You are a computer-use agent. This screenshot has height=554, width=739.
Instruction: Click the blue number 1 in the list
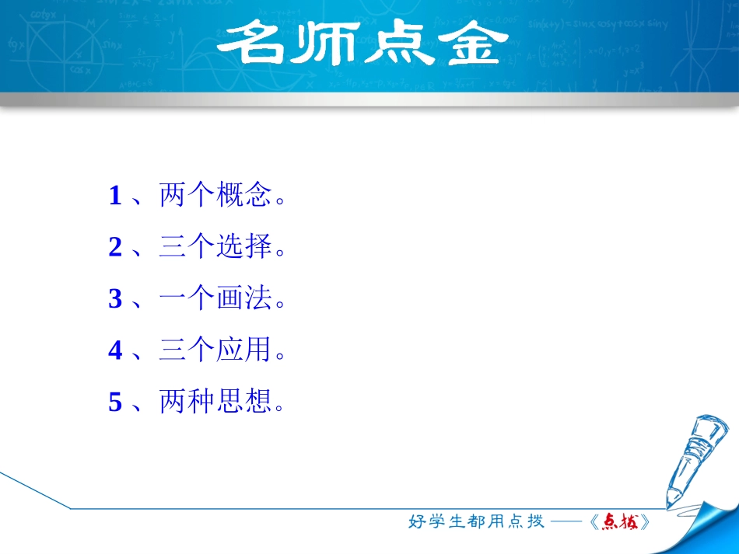coord(115,196)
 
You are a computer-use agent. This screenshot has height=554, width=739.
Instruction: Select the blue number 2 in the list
coord(115,248)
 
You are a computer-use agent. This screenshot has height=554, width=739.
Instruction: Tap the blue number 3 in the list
coord(115,299)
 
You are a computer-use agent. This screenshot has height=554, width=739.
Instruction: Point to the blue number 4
coord(115,351)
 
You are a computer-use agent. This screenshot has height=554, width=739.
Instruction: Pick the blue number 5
coord(115,402)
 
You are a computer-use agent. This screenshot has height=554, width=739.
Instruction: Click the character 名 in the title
coord(252,45)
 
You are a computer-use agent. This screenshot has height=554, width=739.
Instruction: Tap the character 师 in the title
coord(324,45)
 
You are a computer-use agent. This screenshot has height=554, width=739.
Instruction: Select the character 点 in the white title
coord(396,45)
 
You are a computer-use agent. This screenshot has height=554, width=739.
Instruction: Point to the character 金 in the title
coord(466,45)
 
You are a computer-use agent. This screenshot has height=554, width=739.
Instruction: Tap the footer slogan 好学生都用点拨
coord(476,522)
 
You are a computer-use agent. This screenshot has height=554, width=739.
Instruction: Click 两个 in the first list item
coord(187,196)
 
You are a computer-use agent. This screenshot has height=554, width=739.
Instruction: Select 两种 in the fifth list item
coord(187,402)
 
